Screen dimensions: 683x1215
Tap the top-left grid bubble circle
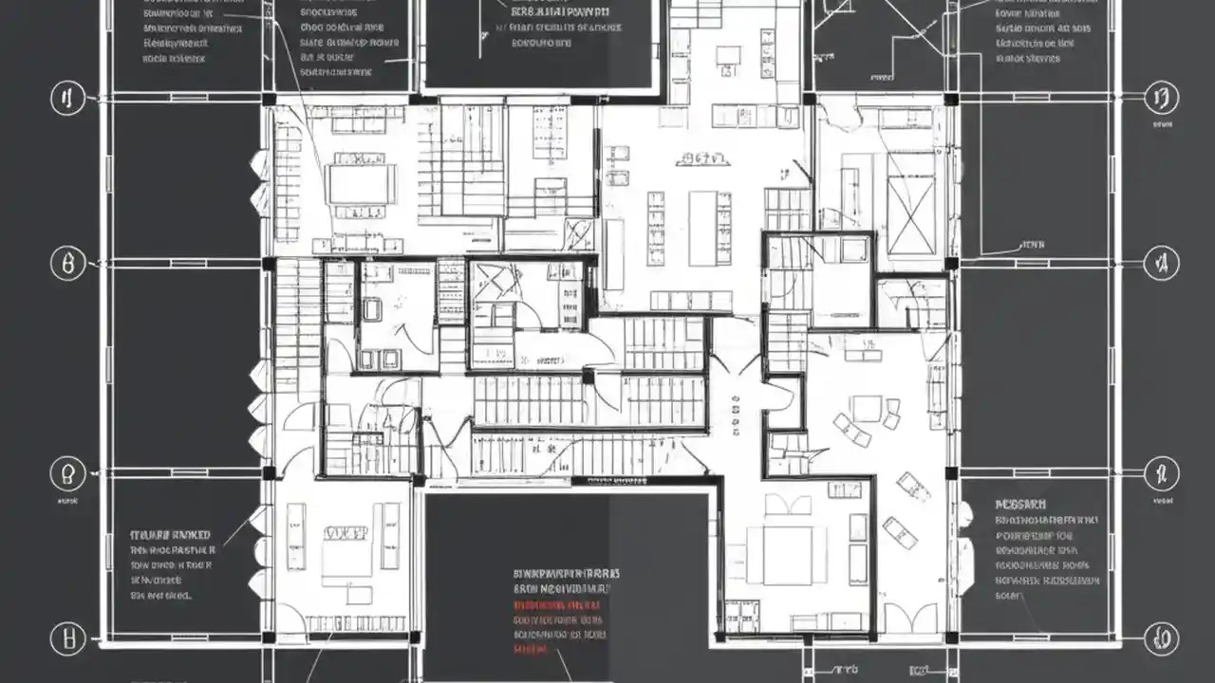coord(67,98)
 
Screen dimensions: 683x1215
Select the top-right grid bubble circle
coord(1160,97)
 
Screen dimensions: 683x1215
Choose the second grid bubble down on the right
coord(1160,264)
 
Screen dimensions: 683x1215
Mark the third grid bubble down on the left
coord(67,471)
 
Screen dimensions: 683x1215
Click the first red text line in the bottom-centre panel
coord(557,603)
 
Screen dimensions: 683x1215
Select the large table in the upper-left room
coord(361,184)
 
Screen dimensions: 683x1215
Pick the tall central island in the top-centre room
coord(703,228)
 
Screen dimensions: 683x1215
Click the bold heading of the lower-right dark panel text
coord(1021,505)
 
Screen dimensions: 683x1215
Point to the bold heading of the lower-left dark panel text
coord(171,535)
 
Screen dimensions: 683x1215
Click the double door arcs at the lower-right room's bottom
coord(897,617)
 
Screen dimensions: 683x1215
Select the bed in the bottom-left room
coord(346,550)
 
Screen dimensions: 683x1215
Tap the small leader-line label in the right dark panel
coord(1031,245)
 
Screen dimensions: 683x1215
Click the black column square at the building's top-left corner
coord(270,99)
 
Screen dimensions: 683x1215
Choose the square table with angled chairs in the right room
coord(866,409)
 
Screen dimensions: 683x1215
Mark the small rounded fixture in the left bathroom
coord(371,309)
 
